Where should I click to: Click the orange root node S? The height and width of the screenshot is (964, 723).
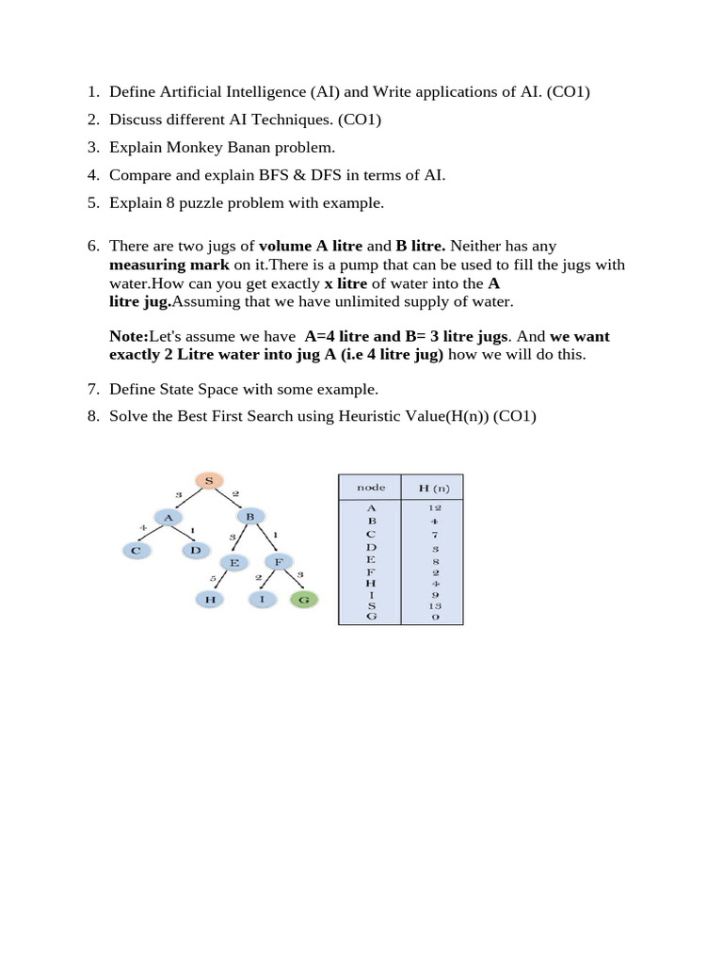pyautogui.click(x=208, y=481)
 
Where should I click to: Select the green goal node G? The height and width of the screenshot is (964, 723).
pyautogui.click(x=303, y=599)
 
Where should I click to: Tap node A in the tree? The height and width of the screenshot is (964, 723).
pyautogui.click(x=169, y=516)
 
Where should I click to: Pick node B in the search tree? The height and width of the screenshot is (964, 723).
pyautogui.click(x=249, y=516)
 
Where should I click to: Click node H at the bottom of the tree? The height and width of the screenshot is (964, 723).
pyautogui.click(x=209, y=599)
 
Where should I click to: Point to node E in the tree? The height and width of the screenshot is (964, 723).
pyautogui.click(x=234, y=562)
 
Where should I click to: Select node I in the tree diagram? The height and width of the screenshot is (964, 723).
pyautogui.click(x=263, y=599)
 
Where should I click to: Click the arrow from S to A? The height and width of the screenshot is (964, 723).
pyautogui.click(x=188, y=499)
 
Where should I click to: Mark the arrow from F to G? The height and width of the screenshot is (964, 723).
pyautogui.click(x=292, y=581)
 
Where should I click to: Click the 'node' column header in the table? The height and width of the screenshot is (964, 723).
pyautogui.click(x=369, y=488)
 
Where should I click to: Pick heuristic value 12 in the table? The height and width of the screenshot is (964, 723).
pyautogui.click(x=434, y=507)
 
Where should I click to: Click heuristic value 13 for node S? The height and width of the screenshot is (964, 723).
pyautogui.click(x=434, y=605)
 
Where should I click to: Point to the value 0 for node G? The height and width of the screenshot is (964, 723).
pyautogui.click(x=434, y=617)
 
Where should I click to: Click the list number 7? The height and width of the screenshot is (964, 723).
pyautogui.click(x=92, y=389)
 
